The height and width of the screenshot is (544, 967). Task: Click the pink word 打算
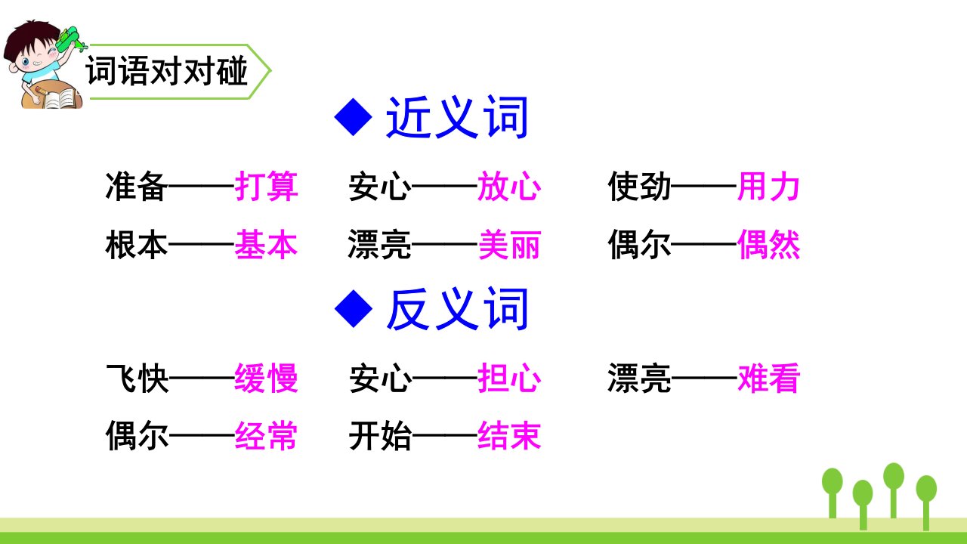pyautogui.click(x=267, y=186)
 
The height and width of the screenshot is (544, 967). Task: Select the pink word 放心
pyautogui.click(x=509, y=186)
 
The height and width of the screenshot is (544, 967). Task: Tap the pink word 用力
pyautogui.click(x=769, y=186)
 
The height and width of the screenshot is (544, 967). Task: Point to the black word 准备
pyautogui.click(x=137, y=186)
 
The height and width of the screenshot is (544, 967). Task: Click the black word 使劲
pyautogui.click(x=639, y=186)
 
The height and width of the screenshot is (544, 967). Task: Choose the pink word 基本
pyautogui.click(x=267, y=244)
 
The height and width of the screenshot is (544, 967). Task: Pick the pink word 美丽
pyautogui.click(x=509, y=244)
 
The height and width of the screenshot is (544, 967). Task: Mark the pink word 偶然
pyautogui.click(x=769, y=244)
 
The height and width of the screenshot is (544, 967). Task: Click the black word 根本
pyautogui.click(x=137, y=244)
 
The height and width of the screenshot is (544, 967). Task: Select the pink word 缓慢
pyautogui.click(x=267, y=378)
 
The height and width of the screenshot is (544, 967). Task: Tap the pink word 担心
pyautogui.click(x=509, y=378)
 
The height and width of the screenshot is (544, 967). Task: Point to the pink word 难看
pyautogui.click(x=769, y=378)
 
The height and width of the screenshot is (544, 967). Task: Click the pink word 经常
pyautogui.click(x=267, y=436)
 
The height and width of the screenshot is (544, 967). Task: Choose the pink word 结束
pyautogui.click(x=509, y=436)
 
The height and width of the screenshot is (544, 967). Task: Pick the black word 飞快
pyautogui.click(x=137, y=378)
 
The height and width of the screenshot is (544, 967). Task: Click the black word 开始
pyautogui.click(x=380, y=436)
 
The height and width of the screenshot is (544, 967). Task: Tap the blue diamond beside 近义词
pyautogui.click(x=354, y=117)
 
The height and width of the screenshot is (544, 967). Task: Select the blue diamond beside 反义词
pyautogui.click(x=354, y=308)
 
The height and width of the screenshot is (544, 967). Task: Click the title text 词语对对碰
pyautogui.click(x=167, y=71)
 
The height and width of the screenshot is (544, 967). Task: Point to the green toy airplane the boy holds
pyautogui.click(x=70, y=40)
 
